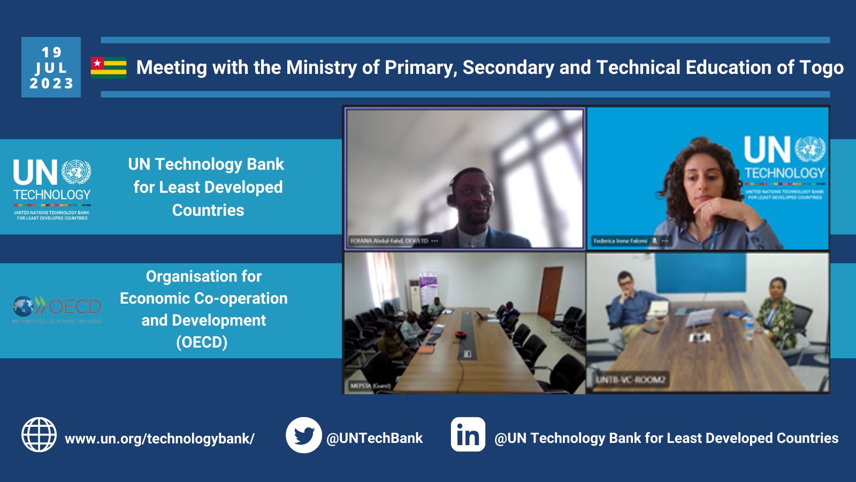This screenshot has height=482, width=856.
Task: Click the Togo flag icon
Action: (x=109, y=67)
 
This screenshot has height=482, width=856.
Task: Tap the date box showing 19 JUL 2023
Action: (x=51, y=67)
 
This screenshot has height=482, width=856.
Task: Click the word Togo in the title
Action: (x=821, y=67)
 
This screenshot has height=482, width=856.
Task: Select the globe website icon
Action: (x=39, y=435)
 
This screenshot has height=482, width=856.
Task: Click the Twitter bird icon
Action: (x=303, y=435)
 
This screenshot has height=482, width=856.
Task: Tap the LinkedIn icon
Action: (x=468, y=435)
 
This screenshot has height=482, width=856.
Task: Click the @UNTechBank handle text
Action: (x=374, y=438)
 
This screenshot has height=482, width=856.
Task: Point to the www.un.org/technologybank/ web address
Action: (x=159, y=439)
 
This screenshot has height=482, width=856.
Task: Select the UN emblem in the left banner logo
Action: (x=76, y=172)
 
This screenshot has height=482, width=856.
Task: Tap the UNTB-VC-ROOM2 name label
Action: (x=630, y=380)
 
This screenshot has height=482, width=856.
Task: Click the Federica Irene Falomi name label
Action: (x=620, y=241)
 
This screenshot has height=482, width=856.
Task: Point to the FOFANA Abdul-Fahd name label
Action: (x=389, y=241)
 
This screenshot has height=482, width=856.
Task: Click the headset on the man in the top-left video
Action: (x=451, y=199)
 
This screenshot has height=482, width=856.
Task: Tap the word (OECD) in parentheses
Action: (x=202, y=342)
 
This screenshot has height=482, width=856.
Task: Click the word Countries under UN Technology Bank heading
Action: (x=208, y=210)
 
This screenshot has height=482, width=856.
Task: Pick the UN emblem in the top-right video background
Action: (x=810, y=149)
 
